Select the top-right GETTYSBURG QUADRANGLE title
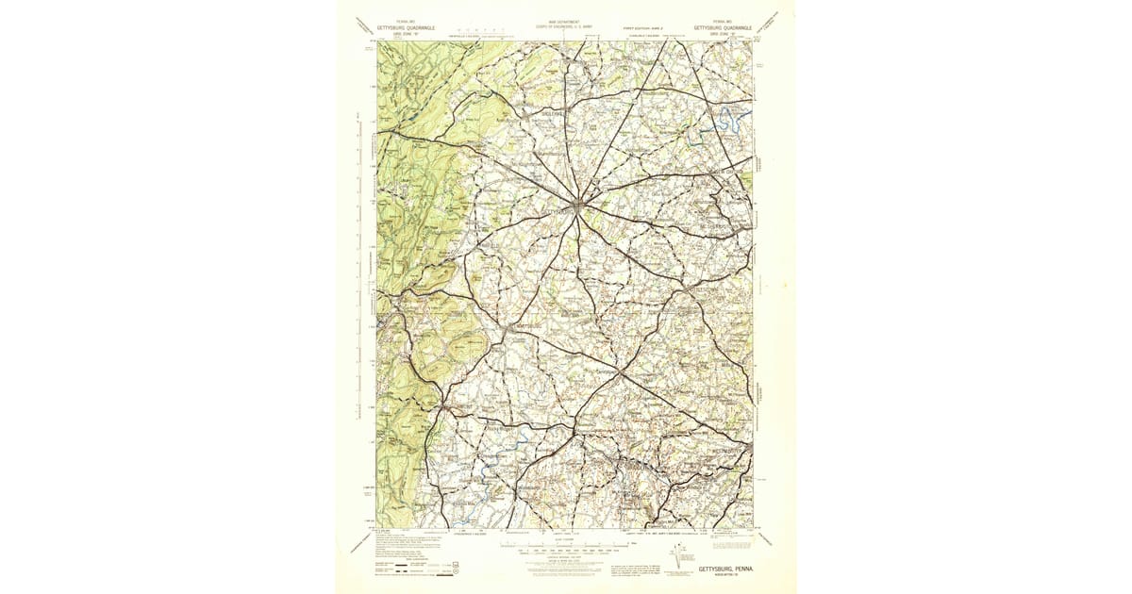pyautogui.click(x=723, y=28)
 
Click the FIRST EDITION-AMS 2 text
pyautogui.click(x=642, y=28)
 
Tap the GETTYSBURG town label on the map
pyautogui.click(x=560, y=214)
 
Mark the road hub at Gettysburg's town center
pyautogui.click(x=580, y=203)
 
